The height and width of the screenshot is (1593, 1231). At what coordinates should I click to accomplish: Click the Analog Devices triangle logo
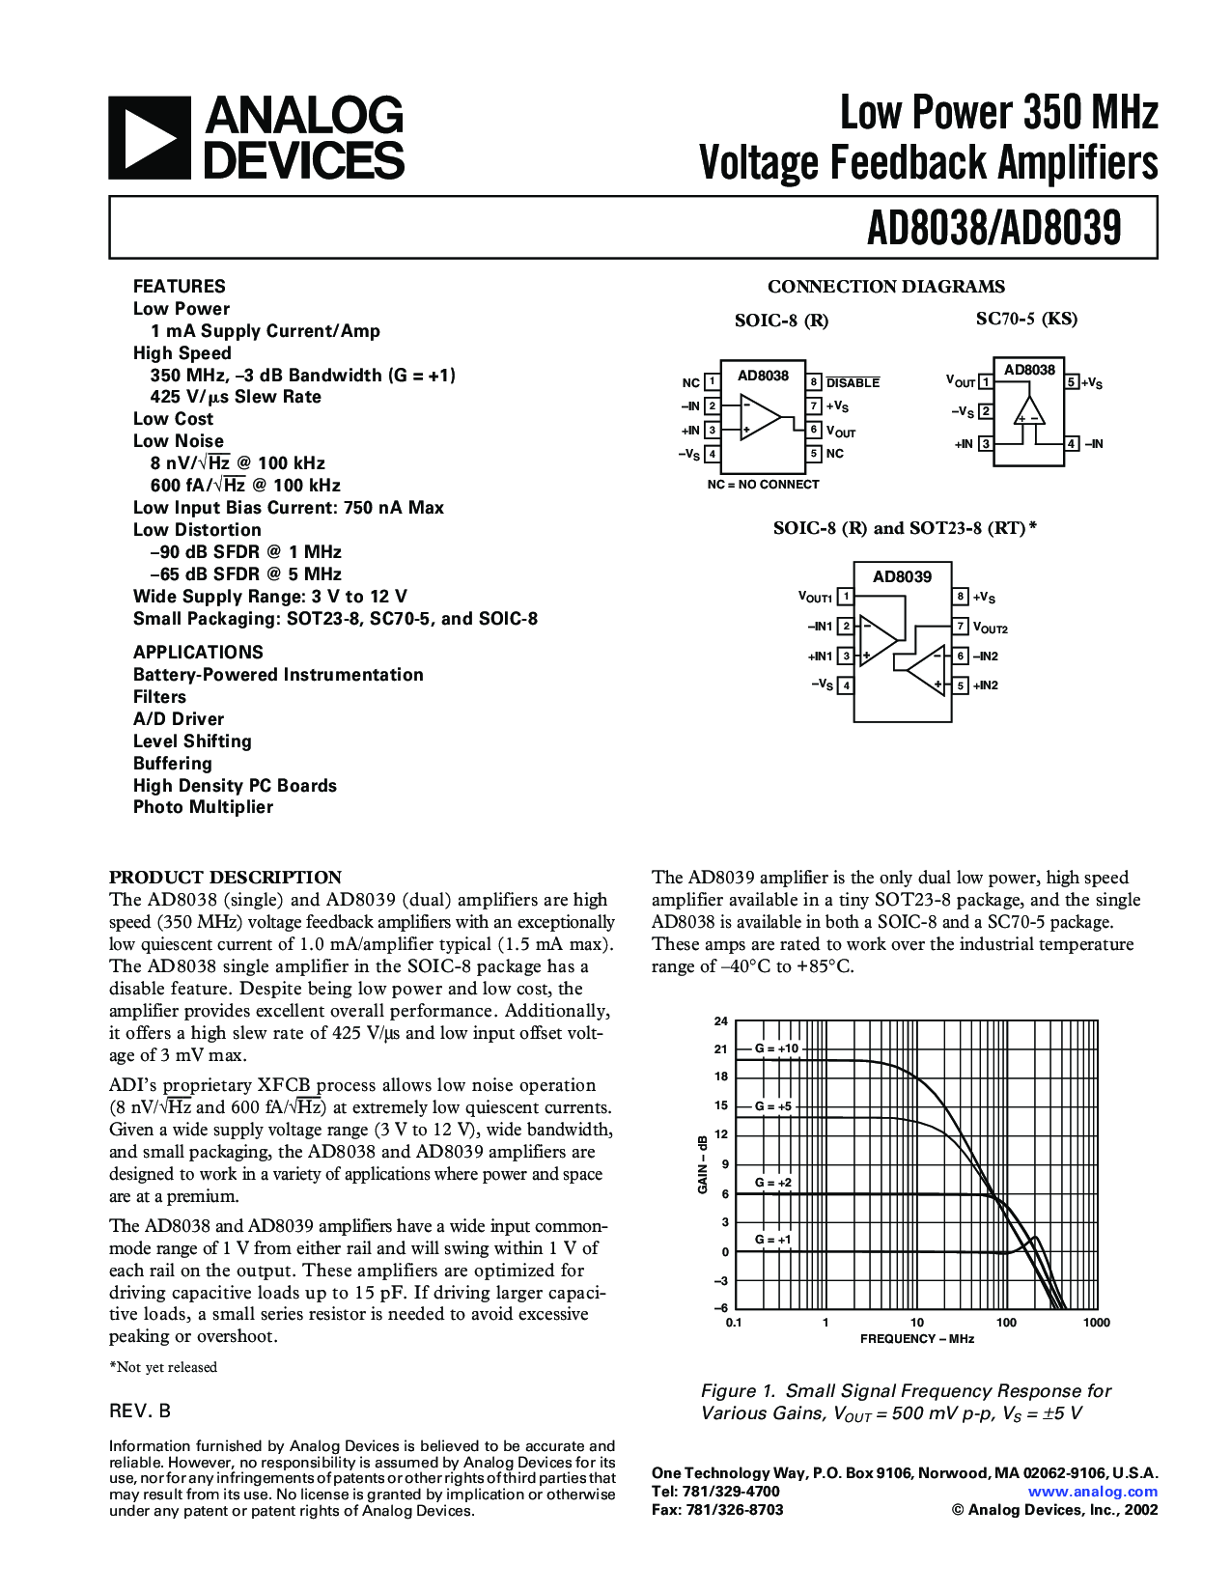149,137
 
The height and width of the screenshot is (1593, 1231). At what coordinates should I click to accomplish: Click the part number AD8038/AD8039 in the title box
993,229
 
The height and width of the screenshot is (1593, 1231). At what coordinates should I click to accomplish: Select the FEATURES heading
179,286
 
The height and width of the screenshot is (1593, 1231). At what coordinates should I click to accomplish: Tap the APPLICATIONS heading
198,652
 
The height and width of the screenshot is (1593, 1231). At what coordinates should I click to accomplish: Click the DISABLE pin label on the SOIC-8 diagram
853,382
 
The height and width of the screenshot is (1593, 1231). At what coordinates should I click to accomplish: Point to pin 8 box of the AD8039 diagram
961,597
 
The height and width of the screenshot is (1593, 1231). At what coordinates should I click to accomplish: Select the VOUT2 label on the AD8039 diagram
991,628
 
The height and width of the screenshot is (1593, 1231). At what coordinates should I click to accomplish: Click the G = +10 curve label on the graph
777,1048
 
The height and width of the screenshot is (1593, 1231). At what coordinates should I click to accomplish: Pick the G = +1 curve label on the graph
773,1240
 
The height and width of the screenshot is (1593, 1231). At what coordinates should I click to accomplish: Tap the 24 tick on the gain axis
721,1021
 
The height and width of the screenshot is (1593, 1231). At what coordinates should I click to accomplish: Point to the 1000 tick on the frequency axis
1097,1323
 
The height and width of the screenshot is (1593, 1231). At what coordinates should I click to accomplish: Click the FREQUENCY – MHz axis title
917,1339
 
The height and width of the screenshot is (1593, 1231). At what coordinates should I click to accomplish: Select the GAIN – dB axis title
703,1164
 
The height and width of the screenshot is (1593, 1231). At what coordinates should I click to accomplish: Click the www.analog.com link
1093,1492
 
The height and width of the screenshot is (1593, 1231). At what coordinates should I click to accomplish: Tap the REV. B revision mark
140,1411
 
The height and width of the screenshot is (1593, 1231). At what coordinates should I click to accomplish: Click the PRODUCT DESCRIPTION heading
225,878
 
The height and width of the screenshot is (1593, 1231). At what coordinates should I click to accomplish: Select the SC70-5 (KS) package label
1026,319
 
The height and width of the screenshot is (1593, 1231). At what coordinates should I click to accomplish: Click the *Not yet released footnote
163,1367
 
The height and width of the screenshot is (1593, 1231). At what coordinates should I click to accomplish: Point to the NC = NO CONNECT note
763,485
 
